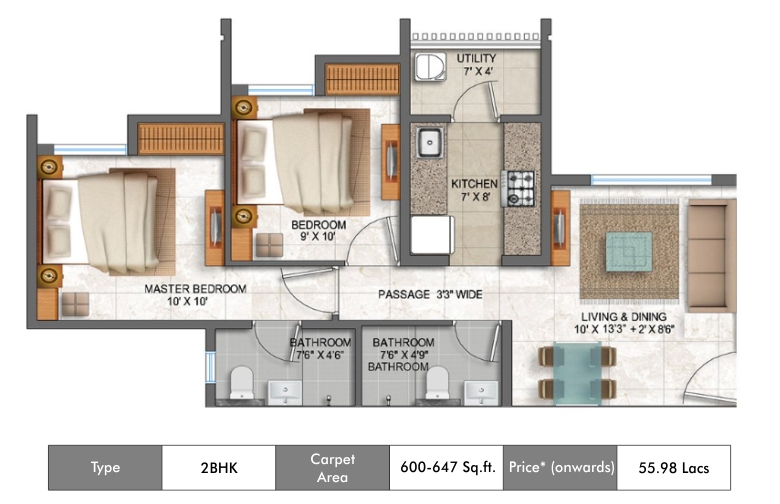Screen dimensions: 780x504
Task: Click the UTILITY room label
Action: [476, 58]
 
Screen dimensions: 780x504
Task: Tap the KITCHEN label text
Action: [474, 184]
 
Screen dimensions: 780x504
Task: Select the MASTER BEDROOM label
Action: [195, 289]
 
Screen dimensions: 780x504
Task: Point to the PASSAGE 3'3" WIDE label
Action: [430, 295]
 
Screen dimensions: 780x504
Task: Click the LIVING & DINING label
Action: [624, 316]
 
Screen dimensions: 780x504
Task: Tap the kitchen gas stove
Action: [518, 189]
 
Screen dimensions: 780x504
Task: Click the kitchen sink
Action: [429, 142]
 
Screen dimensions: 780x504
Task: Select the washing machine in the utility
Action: [430, 67]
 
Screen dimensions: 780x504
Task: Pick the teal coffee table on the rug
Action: [629, 252]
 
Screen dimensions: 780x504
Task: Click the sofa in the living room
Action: [711, 256]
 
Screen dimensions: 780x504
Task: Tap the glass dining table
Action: [577, 373]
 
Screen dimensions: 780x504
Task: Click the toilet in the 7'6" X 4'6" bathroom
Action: [242, 382]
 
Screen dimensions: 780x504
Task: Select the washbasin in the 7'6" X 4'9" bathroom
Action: [481, 392]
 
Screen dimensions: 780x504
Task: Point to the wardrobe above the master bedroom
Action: [181, 138]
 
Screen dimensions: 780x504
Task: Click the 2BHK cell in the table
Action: [219, 468]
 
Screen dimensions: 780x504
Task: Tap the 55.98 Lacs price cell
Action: [674, 468]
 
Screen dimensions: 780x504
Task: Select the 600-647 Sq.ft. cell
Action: [446, 468]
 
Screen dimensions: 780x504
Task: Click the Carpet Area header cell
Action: [332, 468]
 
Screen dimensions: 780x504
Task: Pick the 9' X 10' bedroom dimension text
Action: [318, 237]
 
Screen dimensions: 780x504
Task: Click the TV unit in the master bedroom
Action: [215, 227]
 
